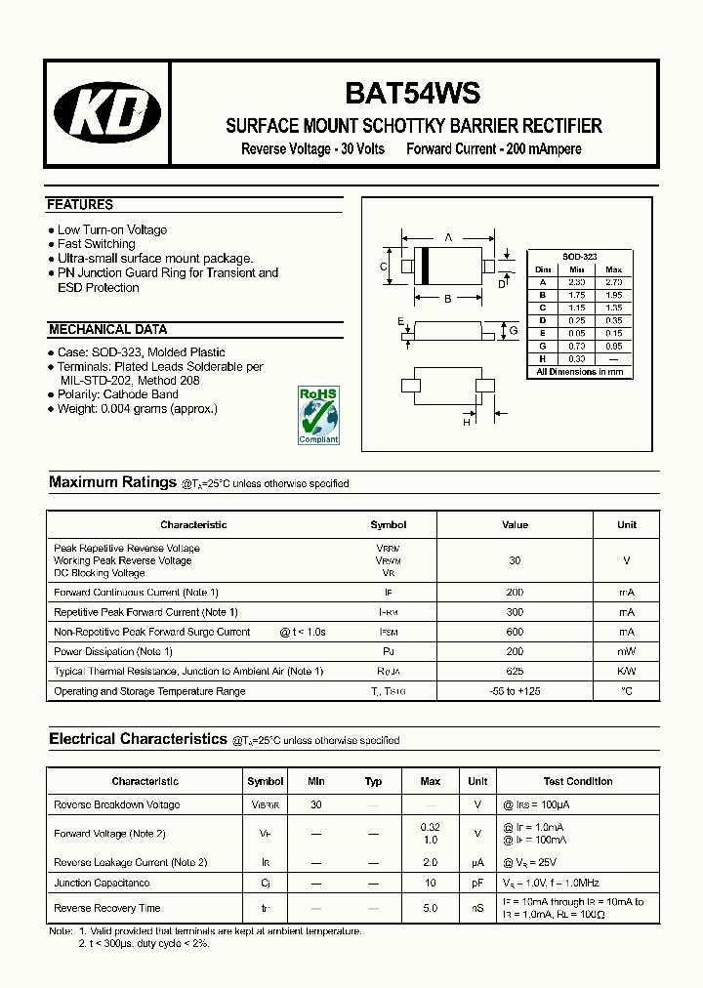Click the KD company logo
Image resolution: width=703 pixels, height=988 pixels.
107,114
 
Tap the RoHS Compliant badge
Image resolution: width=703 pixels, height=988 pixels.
317,415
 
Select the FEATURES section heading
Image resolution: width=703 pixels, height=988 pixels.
80,205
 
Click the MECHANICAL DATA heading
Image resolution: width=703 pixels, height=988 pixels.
107,330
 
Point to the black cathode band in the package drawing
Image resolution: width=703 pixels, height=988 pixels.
423,267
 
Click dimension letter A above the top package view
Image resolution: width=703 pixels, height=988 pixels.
448,237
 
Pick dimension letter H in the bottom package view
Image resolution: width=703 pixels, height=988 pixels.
467,421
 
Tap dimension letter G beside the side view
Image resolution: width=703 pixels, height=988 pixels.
514,332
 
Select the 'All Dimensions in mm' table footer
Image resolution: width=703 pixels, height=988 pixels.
580,372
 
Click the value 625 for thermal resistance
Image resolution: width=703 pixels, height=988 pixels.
515,672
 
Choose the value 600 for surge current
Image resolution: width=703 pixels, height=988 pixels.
515,632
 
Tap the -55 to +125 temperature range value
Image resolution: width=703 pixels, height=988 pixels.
515,691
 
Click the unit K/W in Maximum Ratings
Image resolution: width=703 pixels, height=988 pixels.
626,672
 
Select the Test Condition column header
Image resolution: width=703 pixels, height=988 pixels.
578,781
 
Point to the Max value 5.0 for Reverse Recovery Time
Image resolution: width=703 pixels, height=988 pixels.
430,908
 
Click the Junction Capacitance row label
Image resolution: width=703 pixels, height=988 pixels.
102,883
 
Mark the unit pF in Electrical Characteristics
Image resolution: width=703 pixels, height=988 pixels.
477,883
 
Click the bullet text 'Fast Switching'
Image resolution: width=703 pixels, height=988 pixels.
96,244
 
